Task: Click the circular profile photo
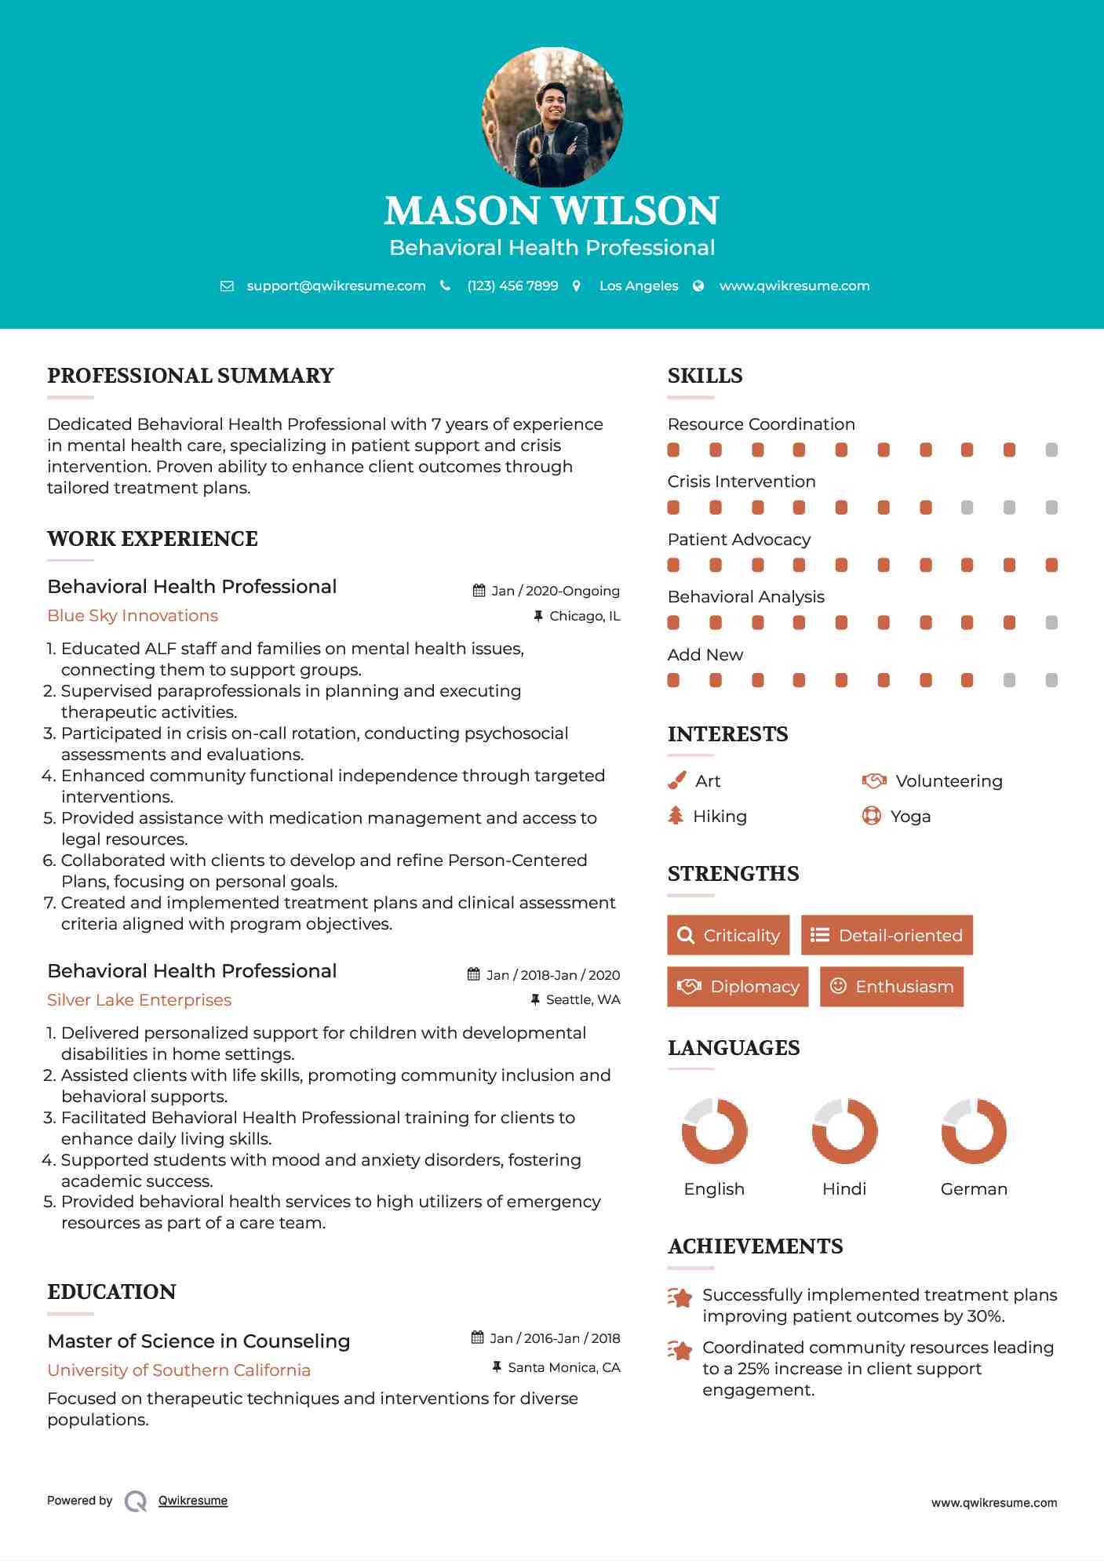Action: click(x=552, y=118)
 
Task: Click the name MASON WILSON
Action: click(x=552, y=210)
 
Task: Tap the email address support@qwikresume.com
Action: click(x=336, y=286)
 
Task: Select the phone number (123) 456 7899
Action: click(x=512, y=286)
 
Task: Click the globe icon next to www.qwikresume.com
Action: click(x=698, y=286)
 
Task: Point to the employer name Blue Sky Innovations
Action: click(x=133, y=616)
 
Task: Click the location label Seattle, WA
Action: click(x=583, y=999)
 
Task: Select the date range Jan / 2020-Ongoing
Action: click(x=555, y=591)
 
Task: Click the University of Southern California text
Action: click(x=179, y=1370)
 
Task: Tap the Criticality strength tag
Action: click(x=728, y=935)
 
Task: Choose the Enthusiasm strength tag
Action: click(x=891, y=986)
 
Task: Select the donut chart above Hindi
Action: click(x=844, y=1131)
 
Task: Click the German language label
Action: click(x=974, y=1188)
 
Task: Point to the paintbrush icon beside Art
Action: click(x=676, y=780)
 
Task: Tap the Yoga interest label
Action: click(x=910, y=816)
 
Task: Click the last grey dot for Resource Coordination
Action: click(x=1051, y=449)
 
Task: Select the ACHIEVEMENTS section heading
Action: click(x=755, y=1246)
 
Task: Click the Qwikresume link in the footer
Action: click(x=193, y=1500)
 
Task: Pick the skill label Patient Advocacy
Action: click(x=738, y=539)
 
